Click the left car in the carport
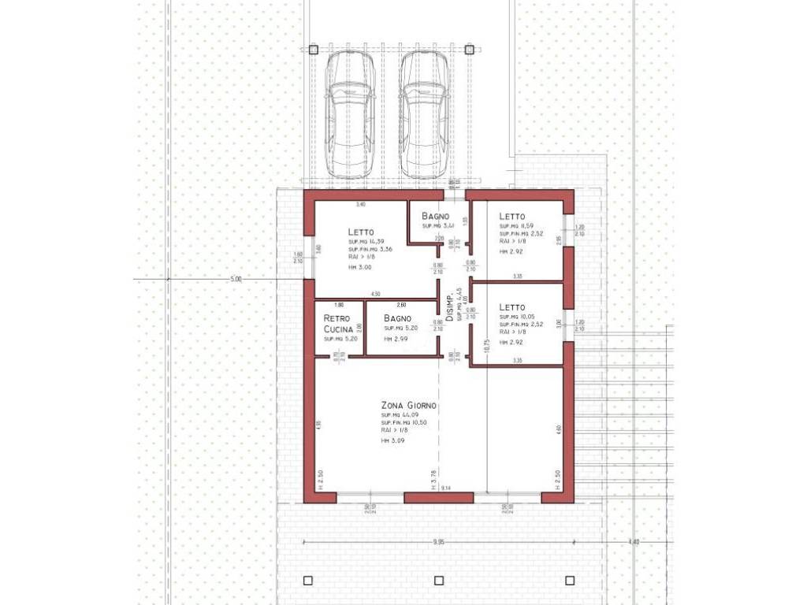pos(350,115)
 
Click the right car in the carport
pos(424,115)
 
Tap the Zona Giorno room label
pos(408,406)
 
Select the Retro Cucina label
pos(337,323)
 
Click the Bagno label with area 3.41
pos(435,216)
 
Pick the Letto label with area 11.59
pos(511,216)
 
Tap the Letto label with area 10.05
pos(511,307)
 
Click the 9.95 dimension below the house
pos(439,542)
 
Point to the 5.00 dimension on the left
pos(236,279)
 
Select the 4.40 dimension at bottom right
pos(635,542)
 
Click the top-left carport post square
pos(313,50)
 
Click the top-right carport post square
pos(469,50)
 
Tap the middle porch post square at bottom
pos(439,581)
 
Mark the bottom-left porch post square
pos(307,581)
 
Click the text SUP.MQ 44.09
pos(400,415)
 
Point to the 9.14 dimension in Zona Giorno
pos(446,489)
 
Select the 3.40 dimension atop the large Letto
pos(361,205)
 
